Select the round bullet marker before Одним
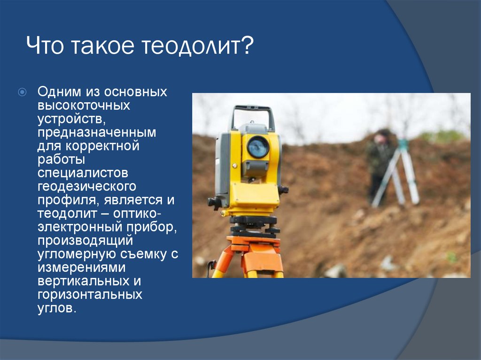tap(23, 92)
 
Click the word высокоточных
tap(84, 105)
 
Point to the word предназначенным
tap(97, 132)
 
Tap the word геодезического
tap(87, 186)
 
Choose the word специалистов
tap(83, 173)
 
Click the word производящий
tap(85, 240)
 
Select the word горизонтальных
tap(90, 294)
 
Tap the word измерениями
tap(82, 268)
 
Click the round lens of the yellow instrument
tap(258, 147)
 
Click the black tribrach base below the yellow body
tap(253, 225)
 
